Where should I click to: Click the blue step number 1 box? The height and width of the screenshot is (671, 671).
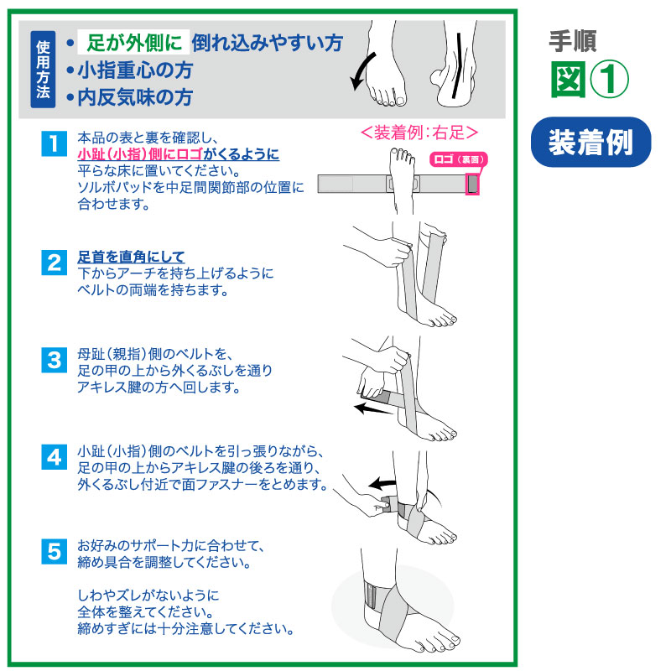[54, 143]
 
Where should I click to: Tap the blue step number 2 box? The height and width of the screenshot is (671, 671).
[54, 263]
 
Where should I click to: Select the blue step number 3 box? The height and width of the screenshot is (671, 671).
[54, 360]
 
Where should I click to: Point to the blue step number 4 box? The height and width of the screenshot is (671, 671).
[54, 457]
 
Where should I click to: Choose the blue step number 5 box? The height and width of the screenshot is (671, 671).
[54, 551]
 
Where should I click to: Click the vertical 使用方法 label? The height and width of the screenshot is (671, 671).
[43, 70]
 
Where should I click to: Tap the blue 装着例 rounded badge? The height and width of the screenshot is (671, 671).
[590, 142]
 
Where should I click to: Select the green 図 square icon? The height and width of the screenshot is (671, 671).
[568, 79]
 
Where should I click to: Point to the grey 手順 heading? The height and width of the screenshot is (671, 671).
[572, 41]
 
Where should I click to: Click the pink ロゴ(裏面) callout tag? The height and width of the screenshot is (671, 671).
[458, 159]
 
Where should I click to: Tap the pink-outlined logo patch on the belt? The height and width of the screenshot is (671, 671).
[472, 184]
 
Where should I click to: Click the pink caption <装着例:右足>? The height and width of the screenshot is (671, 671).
[419, 133]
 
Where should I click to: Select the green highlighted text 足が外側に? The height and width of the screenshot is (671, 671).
[133, 43]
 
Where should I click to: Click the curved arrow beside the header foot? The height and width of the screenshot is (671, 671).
[362, 72]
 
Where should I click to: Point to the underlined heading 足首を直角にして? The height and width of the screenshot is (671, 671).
[131, 257]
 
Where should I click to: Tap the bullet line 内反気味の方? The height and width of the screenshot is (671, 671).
[130, 97]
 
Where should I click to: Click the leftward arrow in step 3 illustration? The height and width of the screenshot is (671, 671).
[373, 408]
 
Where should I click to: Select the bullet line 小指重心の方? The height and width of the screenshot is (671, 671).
[130, 70]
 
